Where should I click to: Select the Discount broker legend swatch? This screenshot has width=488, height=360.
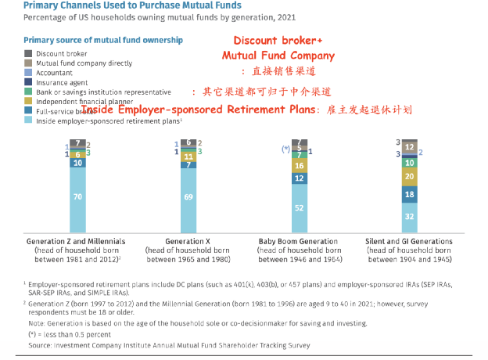[28, 53]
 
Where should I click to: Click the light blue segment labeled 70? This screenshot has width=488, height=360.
[77, 197]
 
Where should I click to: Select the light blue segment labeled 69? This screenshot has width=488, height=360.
[188, 198]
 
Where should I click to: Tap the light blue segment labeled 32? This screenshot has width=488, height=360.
[409, 216]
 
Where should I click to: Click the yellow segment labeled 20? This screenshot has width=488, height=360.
[409, 176]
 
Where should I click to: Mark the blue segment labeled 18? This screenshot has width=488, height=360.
[409, 193]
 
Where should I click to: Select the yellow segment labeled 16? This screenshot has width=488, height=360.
[298, 166]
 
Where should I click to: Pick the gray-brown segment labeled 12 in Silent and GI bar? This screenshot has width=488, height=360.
[409, 146]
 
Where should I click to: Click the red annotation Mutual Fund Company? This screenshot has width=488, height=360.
[278, 56]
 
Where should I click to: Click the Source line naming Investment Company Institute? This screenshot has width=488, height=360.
[169, 345]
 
